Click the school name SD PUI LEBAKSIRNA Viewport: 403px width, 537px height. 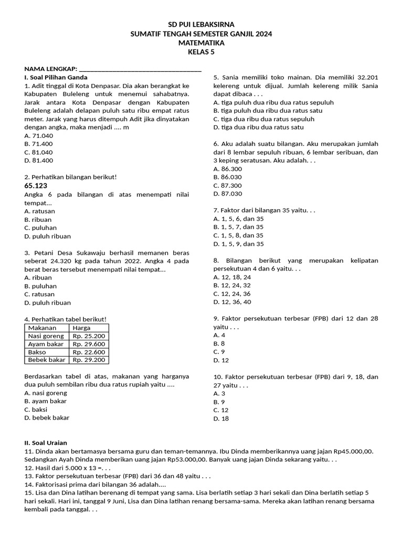pos(201,25)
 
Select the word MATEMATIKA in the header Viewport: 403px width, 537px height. pos(201,42)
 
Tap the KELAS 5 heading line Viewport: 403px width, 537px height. pos(201,51)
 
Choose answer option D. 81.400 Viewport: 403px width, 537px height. pos(39,160)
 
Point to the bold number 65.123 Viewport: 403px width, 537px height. pos(36,186)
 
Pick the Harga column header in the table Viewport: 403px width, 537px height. pos(81,328)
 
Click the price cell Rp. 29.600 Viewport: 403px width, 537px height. pos(89,344)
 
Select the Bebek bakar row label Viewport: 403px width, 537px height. pos(47,360)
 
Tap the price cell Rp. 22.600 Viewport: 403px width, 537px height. pos(89,352)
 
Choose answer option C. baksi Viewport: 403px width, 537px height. pos(36,409)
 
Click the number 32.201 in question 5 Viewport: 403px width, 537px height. pos(366,77)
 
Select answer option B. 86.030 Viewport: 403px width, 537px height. pos(228,177)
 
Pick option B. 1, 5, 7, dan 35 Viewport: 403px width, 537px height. pos(238,227)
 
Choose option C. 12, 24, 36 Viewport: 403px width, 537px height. pos(232,294)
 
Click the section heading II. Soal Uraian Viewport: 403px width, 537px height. pos(46,443)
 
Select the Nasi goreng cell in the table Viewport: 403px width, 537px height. pos(47,336)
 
